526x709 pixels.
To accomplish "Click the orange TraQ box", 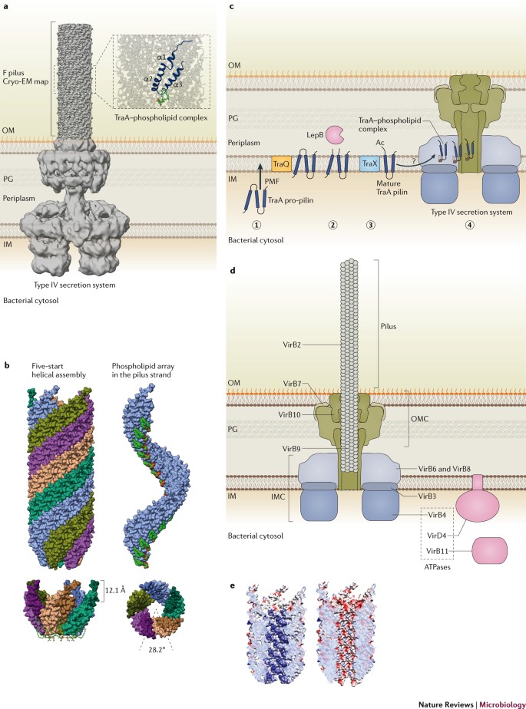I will point(281,163).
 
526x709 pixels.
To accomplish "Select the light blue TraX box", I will point(372,163).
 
